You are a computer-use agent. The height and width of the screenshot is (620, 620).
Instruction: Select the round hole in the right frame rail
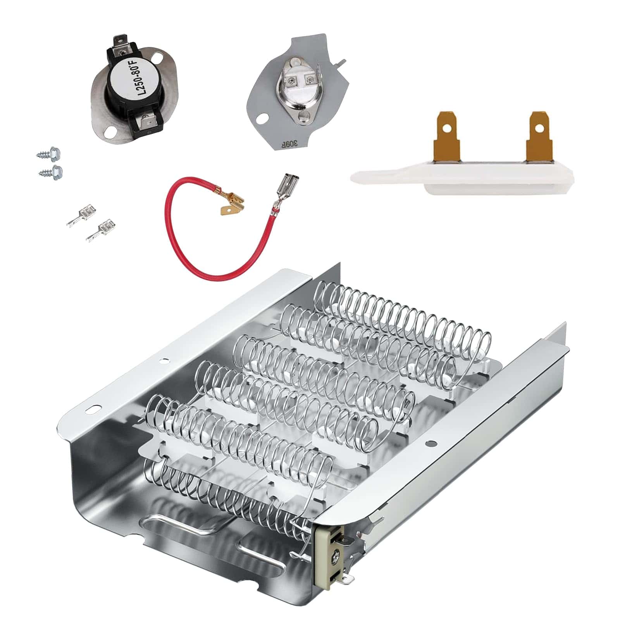tap(429, 443)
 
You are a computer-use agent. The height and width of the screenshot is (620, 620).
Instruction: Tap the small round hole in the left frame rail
tap(165, 360)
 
